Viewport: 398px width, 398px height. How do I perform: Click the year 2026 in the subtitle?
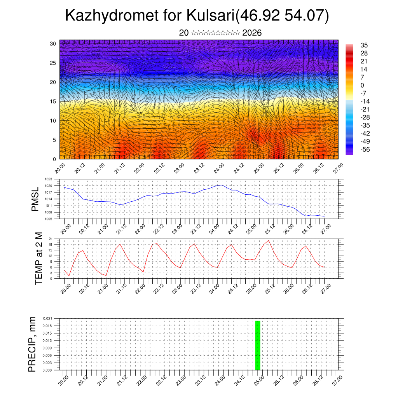(x=252, y=33)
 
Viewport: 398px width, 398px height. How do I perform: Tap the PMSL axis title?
(x=35, y=199)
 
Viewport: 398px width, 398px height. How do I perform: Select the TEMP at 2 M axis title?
(x=38, y=258)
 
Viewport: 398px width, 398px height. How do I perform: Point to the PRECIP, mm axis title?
(x=32, y=344)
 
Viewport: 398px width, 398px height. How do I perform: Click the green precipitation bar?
(x=257, y=345)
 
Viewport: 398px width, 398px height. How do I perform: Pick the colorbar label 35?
(x=364, y=45)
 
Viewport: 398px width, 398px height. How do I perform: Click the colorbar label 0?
(x=363, y=85)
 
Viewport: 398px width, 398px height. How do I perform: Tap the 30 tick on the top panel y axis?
(x=53, y=44)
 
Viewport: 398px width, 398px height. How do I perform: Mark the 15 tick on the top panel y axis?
(x=53, y=101)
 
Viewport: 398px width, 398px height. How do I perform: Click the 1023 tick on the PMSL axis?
(x=48, y=179)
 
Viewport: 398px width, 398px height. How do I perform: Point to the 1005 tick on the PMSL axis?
(x=48, y=219)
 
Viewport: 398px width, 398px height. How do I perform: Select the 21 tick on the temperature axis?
(x=51, y=239)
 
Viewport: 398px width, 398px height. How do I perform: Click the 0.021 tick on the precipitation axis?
(x=47, y=318)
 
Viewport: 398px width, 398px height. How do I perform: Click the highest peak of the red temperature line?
(x=269, y=241)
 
